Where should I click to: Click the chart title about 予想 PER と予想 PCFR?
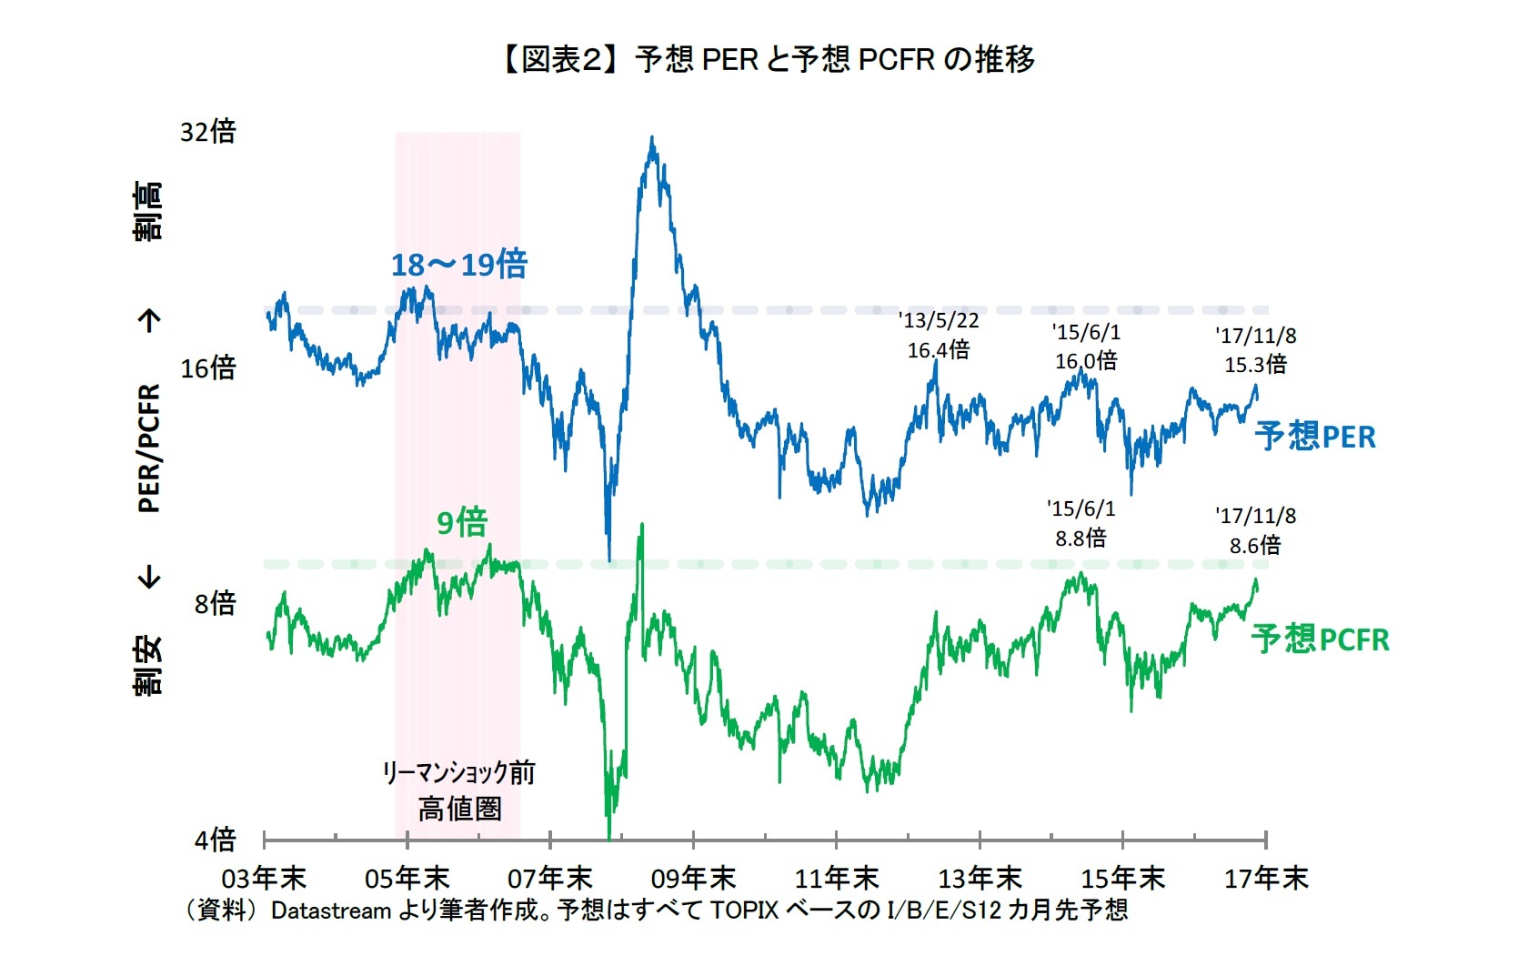coord(767,60)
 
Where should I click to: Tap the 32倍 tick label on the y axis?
coord(207,132)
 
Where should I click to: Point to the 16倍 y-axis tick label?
coord(207,368)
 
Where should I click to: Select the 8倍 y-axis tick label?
coord(215,603)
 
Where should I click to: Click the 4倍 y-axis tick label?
coord(215,839)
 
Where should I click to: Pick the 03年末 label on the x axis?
coord(264,879)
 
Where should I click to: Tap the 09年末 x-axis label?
coord(693,879)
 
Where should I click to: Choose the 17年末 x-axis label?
coord(1265,879)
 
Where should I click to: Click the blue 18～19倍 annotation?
coord(458,265)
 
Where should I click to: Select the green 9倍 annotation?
coord(462,523)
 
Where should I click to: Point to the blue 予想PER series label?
coord(1314,437)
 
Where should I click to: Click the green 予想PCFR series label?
coord(1320,639)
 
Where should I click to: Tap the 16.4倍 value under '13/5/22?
coord(939,350)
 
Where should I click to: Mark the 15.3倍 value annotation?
coord(1255,365)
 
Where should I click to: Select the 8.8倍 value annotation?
coord(1081,538)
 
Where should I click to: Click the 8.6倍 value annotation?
coord(1255,546)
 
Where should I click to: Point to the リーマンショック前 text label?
coord(458,773)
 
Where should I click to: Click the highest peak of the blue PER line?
coord(651,139)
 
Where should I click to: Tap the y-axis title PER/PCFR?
coord(149,448)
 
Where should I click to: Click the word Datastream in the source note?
coord(330,911)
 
